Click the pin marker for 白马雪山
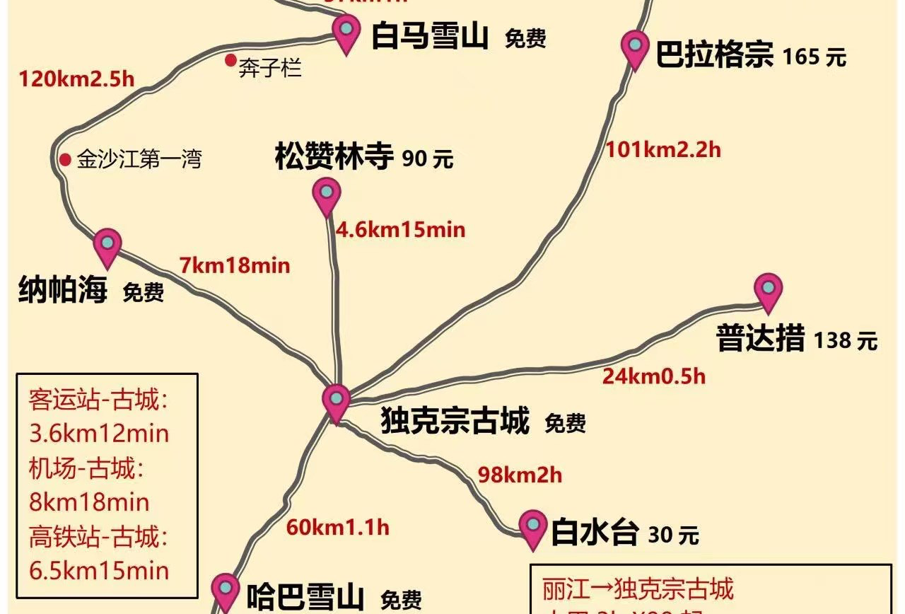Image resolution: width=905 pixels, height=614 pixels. click(x=346, y=32)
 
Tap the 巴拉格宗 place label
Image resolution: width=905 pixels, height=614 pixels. click(x=714, y=54)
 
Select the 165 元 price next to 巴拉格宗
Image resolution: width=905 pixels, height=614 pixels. click(x=814, y=57)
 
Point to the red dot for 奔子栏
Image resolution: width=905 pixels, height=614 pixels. click(x=230, y=60)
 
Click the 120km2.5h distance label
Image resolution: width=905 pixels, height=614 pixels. click(x=76, y=78)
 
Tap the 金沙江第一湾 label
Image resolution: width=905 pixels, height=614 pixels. click(x=139, y=158)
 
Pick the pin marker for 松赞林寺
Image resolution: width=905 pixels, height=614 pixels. click(x=326, y=194)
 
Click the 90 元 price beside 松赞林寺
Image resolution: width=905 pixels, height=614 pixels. click(x=427, y=159)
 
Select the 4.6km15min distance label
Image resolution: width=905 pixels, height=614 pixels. click(x=400, y=229)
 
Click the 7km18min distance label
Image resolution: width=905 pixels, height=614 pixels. click(x=235, y=265)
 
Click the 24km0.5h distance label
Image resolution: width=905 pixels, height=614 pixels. click(x=653, y=376)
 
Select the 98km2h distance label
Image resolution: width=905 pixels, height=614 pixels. click(x=520, y=475)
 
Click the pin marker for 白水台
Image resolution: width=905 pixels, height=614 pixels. click(x=532, y=527)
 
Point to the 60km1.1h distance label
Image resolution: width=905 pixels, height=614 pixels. click(x=337, y=527)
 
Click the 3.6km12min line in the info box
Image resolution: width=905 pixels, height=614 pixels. click(x=99, y=433)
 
